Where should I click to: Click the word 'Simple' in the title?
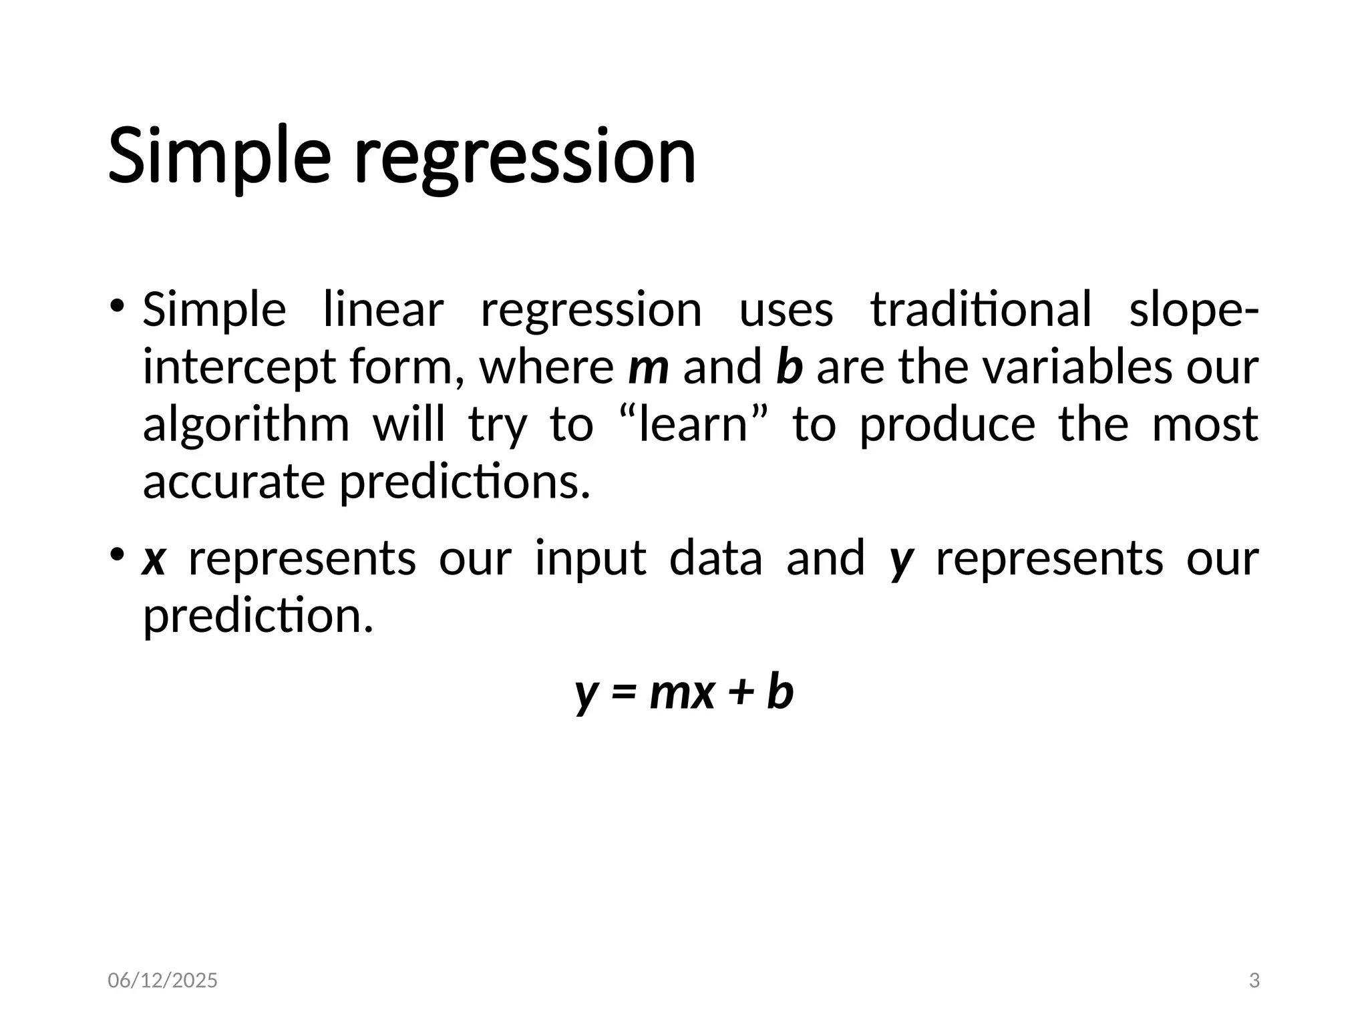click(219, 158)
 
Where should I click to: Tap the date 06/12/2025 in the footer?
click(162, 981)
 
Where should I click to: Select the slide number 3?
click(1254, 981)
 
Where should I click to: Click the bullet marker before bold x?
click(118, 554)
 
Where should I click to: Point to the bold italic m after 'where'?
click(648, 367)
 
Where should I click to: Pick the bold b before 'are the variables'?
click(789, 367)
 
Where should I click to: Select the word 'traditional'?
click(981, 310)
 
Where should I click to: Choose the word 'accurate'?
click(234, 482)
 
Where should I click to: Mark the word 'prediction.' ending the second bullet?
click(258, 616)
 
